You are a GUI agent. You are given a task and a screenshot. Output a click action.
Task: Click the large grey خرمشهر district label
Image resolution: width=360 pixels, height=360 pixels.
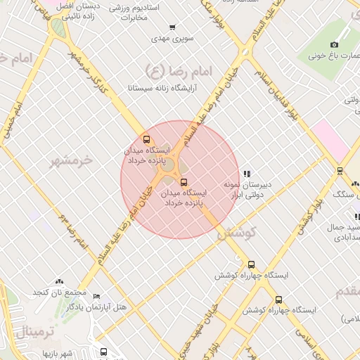pos(71,160)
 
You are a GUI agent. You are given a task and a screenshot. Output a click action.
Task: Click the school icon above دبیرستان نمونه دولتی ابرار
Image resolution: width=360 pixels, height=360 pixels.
pos(246,174)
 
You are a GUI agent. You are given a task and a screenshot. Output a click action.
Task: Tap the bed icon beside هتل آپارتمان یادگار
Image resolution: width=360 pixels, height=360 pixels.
pos(96,297)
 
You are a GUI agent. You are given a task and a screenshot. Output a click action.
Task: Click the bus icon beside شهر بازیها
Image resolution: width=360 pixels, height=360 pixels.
pos(103,352)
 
